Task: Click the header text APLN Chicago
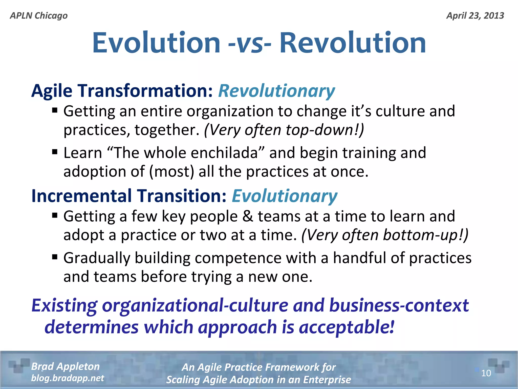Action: (x=39, y=16)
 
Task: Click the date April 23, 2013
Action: (x=475, y=16)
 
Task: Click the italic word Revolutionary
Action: (x=276, y=91)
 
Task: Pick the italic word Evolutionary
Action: (x=284, y=196)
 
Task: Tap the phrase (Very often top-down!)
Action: (x=284, y=130)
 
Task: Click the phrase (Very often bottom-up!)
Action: (x=385, y=235)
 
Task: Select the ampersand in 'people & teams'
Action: (x=248, y=216)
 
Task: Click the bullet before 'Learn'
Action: (x=55, y=152)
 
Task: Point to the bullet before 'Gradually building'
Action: (x=55, y=257)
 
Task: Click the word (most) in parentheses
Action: (x=171, y=172)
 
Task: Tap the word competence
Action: (x=238, y=258)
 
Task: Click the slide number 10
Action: (x=486, y=373)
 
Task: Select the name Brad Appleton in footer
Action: (x=65, y=366)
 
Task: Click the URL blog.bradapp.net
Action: (x=67, y=378)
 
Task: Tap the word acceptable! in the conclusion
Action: (x=347, y=327)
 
